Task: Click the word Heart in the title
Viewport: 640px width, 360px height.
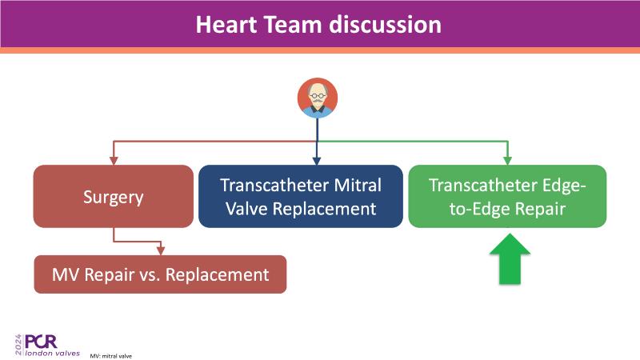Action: point(226,25)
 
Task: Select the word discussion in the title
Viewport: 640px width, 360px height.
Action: point(386,25)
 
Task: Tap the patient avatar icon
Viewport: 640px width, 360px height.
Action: point(318,98)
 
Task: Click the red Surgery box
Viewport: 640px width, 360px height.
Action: point(114,196)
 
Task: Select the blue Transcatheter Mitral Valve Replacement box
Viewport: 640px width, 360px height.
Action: point(301,196)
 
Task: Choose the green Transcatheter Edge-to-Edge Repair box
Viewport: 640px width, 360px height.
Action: point(507,196)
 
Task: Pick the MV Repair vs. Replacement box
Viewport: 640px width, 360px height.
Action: point(160,274)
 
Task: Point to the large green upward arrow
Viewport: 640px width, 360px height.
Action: point(510,258)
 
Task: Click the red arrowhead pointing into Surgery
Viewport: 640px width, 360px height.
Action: point(114,161)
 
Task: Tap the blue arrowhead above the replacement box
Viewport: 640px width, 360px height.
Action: point(317,161)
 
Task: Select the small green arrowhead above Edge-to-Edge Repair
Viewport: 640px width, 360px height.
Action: point(507,161)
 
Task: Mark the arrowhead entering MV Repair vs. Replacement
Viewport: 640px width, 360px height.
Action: point(161,250)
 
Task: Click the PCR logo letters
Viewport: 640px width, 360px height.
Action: point(41,342)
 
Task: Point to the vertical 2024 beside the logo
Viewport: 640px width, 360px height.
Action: point(18,345)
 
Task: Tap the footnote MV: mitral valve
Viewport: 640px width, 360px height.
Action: point(111,356)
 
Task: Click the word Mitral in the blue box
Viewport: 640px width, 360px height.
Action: point(358,186)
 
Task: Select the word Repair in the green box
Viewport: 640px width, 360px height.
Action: point(540,210)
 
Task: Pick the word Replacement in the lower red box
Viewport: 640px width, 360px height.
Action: point(217,274)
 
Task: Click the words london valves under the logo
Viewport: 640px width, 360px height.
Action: point(52,353)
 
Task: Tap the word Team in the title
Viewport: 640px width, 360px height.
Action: point(293,25)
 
